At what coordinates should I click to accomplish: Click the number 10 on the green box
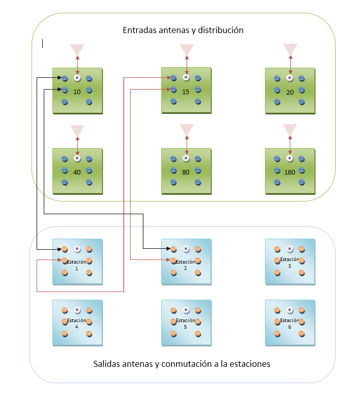tap(77, 92)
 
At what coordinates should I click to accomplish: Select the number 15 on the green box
tap(186, 92)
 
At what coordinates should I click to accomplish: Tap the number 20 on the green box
tap(290, 93)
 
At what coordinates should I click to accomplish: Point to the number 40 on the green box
tap(77, 172)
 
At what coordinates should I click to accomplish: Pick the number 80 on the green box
tap(186, 172)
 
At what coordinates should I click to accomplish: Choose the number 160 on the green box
tap(290, 172)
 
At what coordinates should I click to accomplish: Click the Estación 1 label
tap(76, 265)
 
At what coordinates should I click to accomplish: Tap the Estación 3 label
tap(290, 263)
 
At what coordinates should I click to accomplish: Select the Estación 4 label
tap(76, 324)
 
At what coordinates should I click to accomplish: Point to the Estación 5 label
tap(186, 324)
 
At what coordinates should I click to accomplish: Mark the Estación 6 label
tap(290, 324)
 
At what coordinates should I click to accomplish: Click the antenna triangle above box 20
tap(290, 49)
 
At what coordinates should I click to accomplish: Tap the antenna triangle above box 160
tap(290, 129)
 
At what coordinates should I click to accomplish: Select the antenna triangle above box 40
tap(77, 130)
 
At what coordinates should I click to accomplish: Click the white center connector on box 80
tap(186, 158)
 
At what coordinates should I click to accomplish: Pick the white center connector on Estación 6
tap(290, 310)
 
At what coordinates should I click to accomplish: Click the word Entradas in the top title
tap(139, 30)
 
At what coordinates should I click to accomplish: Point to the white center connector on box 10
tap(77, 78)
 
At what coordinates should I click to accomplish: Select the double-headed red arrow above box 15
tap(187, 66)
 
